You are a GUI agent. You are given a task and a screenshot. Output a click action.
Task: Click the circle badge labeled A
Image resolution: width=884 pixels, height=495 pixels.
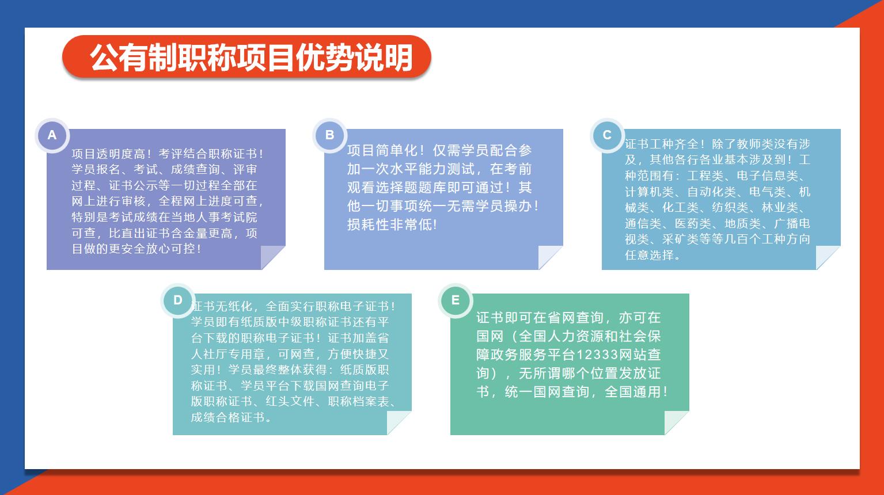point(52,135)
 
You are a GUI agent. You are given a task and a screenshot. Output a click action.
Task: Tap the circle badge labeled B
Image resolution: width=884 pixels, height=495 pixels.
point(330,135)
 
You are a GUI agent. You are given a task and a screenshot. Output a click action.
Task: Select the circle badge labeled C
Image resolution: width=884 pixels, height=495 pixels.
point(608,135)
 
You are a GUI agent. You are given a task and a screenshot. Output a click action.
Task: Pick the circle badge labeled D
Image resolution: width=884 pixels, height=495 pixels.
point(178,300)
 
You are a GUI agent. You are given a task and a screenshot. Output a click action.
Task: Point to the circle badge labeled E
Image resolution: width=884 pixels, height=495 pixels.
point(456,300)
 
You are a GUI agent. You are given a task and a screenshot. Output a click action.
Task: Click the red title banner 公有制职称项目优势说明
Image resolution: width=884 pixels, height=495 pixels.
point(246,57)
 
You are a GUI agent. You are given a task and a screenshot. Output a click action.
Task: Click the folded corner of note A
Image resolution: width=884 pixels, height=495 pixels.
point(272,257)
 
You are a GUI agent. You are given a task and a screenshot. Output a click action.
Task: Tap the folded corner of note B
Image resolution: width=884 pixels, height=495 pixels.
point(550,257)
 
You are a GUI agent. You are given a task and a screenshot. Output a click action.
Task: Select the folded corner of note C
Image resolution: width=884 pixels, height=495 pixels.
point(828,257)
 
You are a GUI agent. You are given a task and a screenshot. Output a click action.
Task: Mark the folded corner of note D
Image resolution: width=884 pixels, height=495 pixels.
point(399,422)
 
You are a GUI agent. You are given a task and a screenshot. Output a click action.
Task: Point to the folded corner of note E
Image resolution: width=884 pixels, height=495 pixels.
point(676,422)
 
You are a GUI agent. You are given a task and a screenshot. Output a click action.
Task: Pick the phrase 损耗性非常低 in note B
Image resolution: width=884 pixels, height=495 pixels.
point(389,225)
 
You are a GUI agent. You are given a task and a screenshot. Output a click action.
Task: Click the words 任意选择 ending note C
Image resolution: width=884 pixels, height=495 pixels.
point(649,255)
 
